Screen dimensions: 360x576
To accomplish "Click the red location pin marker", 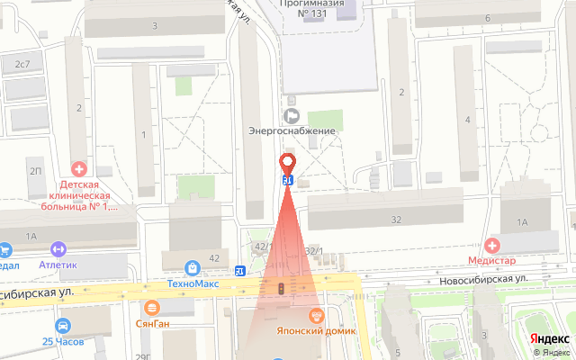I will (288, 164).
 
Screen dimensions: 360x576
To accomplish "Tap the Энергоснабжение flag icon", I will (292, 115).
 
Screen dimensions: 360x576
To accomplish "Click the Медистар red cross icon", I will (492, 245).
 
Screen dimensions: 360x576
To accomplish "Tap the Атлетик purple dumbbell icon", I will (59, 249).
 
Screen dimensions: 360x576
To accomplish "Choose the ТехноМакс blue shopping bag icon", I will (192, 267).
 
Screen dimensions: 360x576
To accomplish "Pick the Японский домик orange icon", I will (316, 314).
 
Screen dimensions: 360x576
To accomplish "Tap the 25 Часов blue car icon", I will (62, 326).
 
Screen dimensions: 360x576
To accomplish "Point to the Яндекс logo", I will (548, 339).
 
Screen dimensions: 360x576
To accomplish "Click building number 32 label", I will (396, 220).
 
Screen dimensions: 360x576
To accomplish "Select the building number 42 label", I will (214, 258).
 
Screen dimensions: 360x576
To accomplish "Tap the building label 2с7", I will (22, 64).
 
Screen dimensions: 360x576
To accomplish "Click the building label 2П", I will (36, 170).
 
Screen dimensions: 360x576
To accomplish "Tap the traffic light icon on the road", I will (282, 289).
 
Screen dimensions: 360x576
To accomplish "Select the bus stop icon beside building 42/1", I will (240, 271).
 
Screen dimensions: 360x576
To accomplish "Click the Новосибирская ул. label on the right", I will (483, 280).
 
